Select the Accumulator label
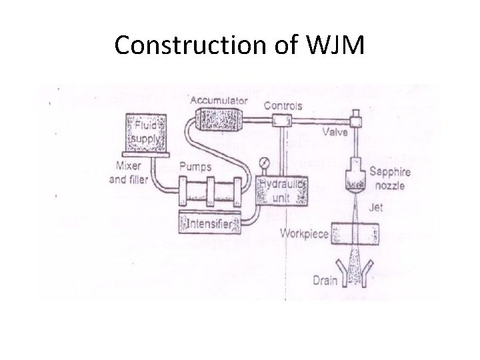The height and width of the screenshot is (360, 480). pos(219,101)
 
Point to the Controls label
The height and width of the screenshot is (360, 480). pos(283,105)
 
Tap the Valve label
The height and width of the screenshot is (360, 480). pos(333,133)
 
